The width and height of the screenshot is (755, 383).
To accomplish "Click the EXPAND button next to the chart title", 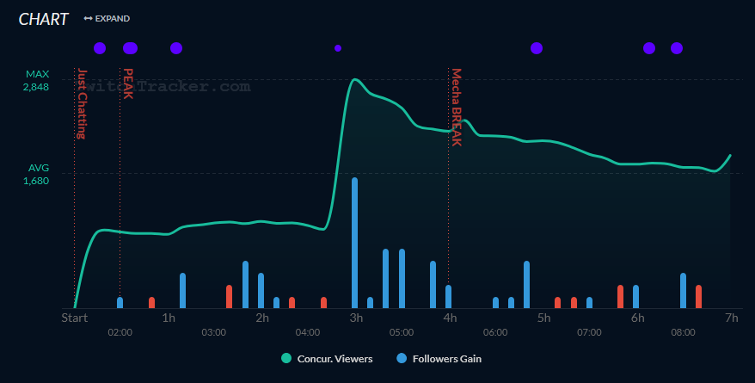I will click(x=107, y=18).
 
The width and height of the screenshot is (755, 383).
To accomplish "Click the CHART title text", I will click(x=43, y=19).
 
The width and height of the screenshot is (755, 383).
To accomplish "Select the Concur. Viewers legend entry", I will click(x=327, y=358).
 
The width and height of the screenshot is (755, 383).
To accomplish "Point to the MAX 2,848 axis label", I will click(x=37, y=81).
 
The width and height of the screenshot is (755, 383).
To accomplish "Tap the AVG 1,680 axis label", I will click(x=37, y=175).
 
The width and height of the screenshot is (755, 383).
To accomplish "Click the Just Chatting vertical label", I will click(x=82, y=103).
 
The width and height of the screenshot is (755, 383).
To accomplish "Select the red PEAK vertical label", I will click(x=128, y=83).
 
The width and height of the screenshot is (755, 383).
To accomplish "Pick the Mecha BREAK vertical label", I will click(x=457, y=107).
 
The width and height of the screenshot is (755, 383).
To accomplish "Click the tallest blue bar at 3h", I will click(x=354, y=243).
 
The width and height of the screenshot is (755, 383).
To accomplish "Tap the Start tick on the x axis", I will click(x=75, y=318).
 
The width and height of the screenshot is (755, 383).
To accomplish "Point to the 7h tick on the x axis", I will click(x=731, y=318).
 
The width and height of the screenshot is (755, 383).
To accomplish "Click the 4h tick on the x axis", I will click(x=450, y=318).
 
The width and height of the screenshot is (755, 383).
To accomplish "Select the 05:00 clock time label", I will click(x=402, y=332).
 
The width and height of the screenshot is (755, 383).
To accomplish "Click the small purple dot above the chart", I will click(x=338, y=48).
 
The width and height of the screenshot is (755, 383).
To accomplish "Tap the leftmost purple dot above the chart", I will click(x=100, y=48).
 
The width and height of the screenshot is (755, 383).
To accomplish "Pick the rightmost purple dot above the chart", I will click(x=677, y=48).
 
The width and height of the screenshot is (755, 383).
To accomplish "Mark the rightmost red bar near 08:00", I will click(x=698, y=296).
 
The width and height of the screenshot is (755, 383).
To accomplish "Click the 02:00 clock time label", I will click(x=120, y=332).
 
